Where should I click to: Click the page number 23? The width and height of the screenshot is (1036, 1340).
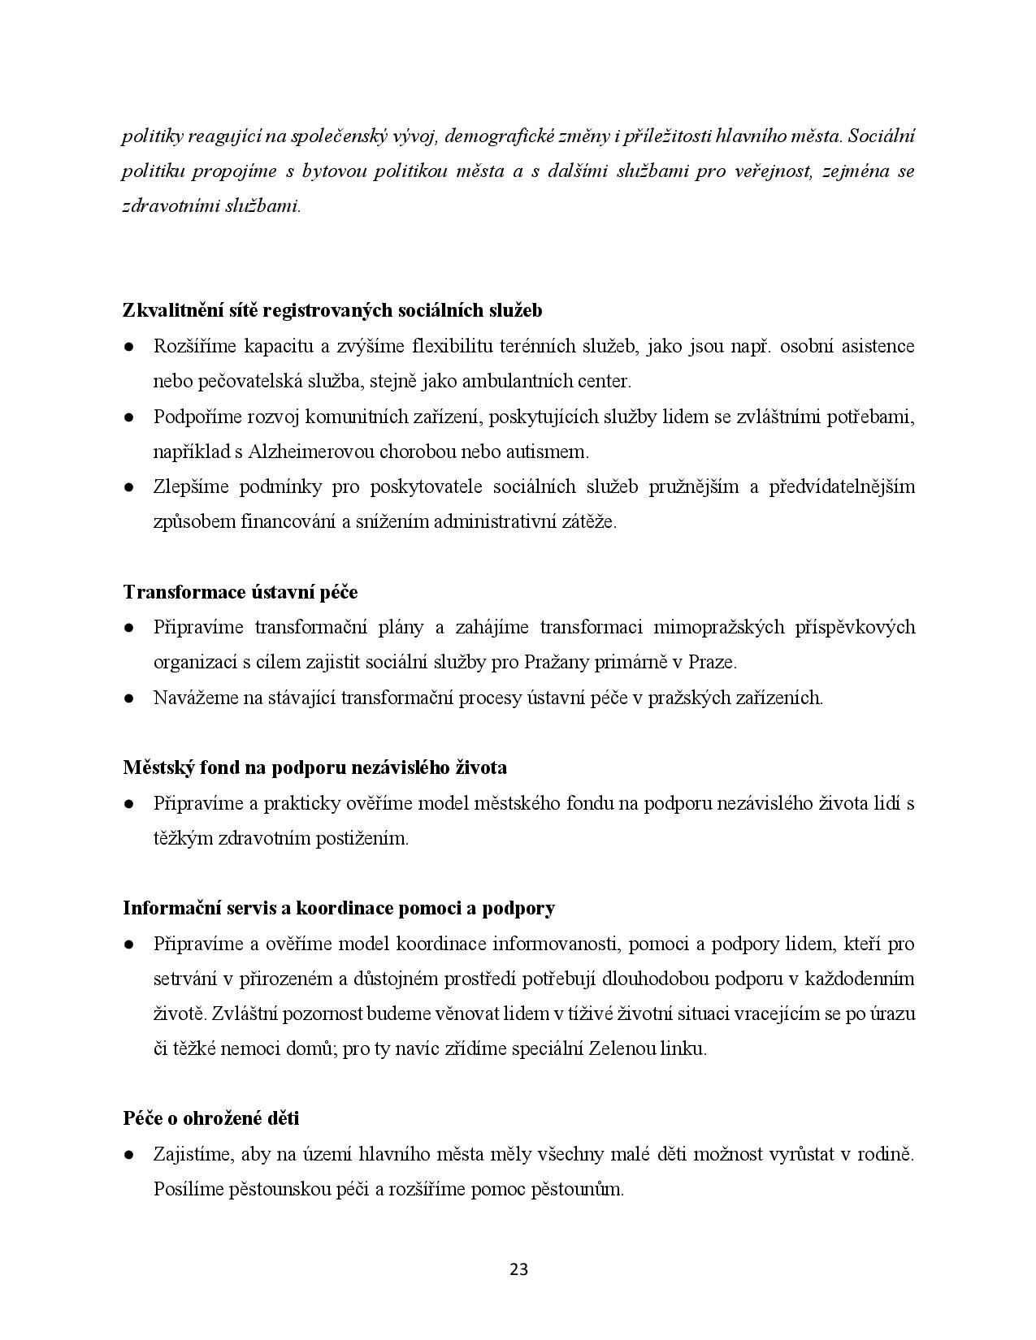(518, 1269)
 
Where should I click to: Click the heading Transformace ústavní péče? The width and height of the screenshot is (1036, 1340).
(240, 592)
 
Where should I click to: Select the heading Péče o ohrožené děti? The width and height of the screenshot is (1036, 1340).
(210, 1118)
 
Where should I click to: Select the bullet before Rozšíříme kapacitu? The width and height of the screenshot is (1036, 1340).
(128, 347)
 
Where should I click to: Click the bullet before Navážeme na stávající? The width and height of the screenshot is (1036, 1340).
(128, 698)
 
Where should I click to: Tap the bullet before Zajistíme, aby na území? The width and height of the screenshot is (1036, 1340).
(128, 1154)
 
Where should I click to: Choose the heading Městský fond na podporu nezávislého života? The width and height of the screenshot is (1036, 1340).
(314, 767)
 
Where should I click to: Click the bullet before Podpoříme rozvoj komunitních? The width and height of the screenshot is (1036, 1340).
(128, 417)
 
